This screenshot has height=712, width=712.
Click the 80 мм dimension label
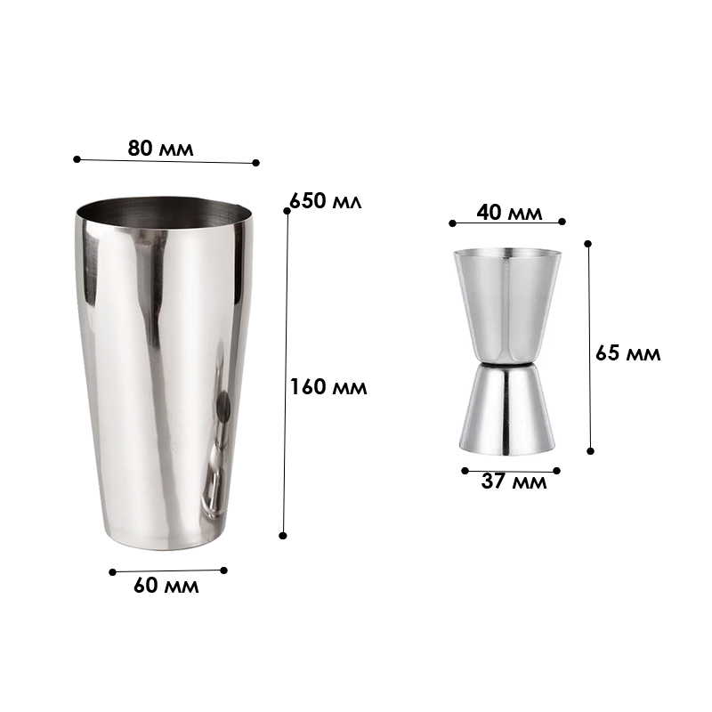pos(160,149)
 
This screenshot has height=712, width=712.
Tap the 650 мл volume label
pos(325,201)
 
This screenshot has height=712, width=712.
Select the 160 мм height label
pos(328,387)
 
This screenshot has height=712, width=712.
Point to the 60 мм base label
pos(166,586)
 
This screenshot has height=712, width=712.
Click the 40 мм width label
pos(509,212)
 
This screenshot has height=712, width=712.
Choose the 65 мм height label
pos(627,352)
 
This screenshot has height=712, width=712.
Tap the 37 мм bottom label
pos(514,481)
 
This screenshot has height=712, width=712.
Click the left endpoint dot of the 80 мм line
pos(77,159)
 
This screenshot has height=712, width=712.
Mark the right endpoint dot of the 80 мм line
pos(255,163)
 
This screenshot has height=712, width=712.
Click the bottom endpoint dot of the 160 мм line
pos(283,536)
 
